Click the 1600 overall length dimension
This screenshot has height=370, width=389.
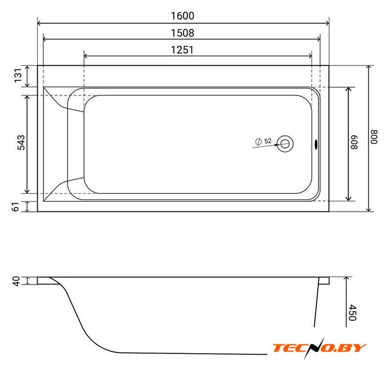pyautogui.click(x=182, y=16)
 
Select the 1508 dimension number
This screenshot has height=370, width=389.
pyautogui.click(x=182, y=33)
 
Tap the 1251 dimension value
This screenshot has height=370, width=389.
pyautogui.click(x=182, y=50)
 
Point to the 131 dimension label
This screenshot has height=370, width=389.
pyautogui.click(x=18, y=76)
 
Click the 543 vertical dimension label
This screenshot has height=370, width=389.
pyautogui.click(x=21, y=142)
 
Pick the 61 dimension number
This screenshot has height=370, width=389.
pyautogui.click(x=16, y=207)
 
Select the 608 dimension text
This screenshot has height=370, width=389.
pyautogui.click(x=354, y=142)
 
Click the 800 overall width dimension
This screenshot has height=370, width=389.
pyautogui.click(x=374, y=137)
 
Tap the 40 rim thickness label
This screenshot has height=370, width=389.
pyautogui.click(x=16, y=282)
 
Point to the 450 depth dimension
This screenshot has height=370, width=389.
pyautogui.click(x=353, y=313)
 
